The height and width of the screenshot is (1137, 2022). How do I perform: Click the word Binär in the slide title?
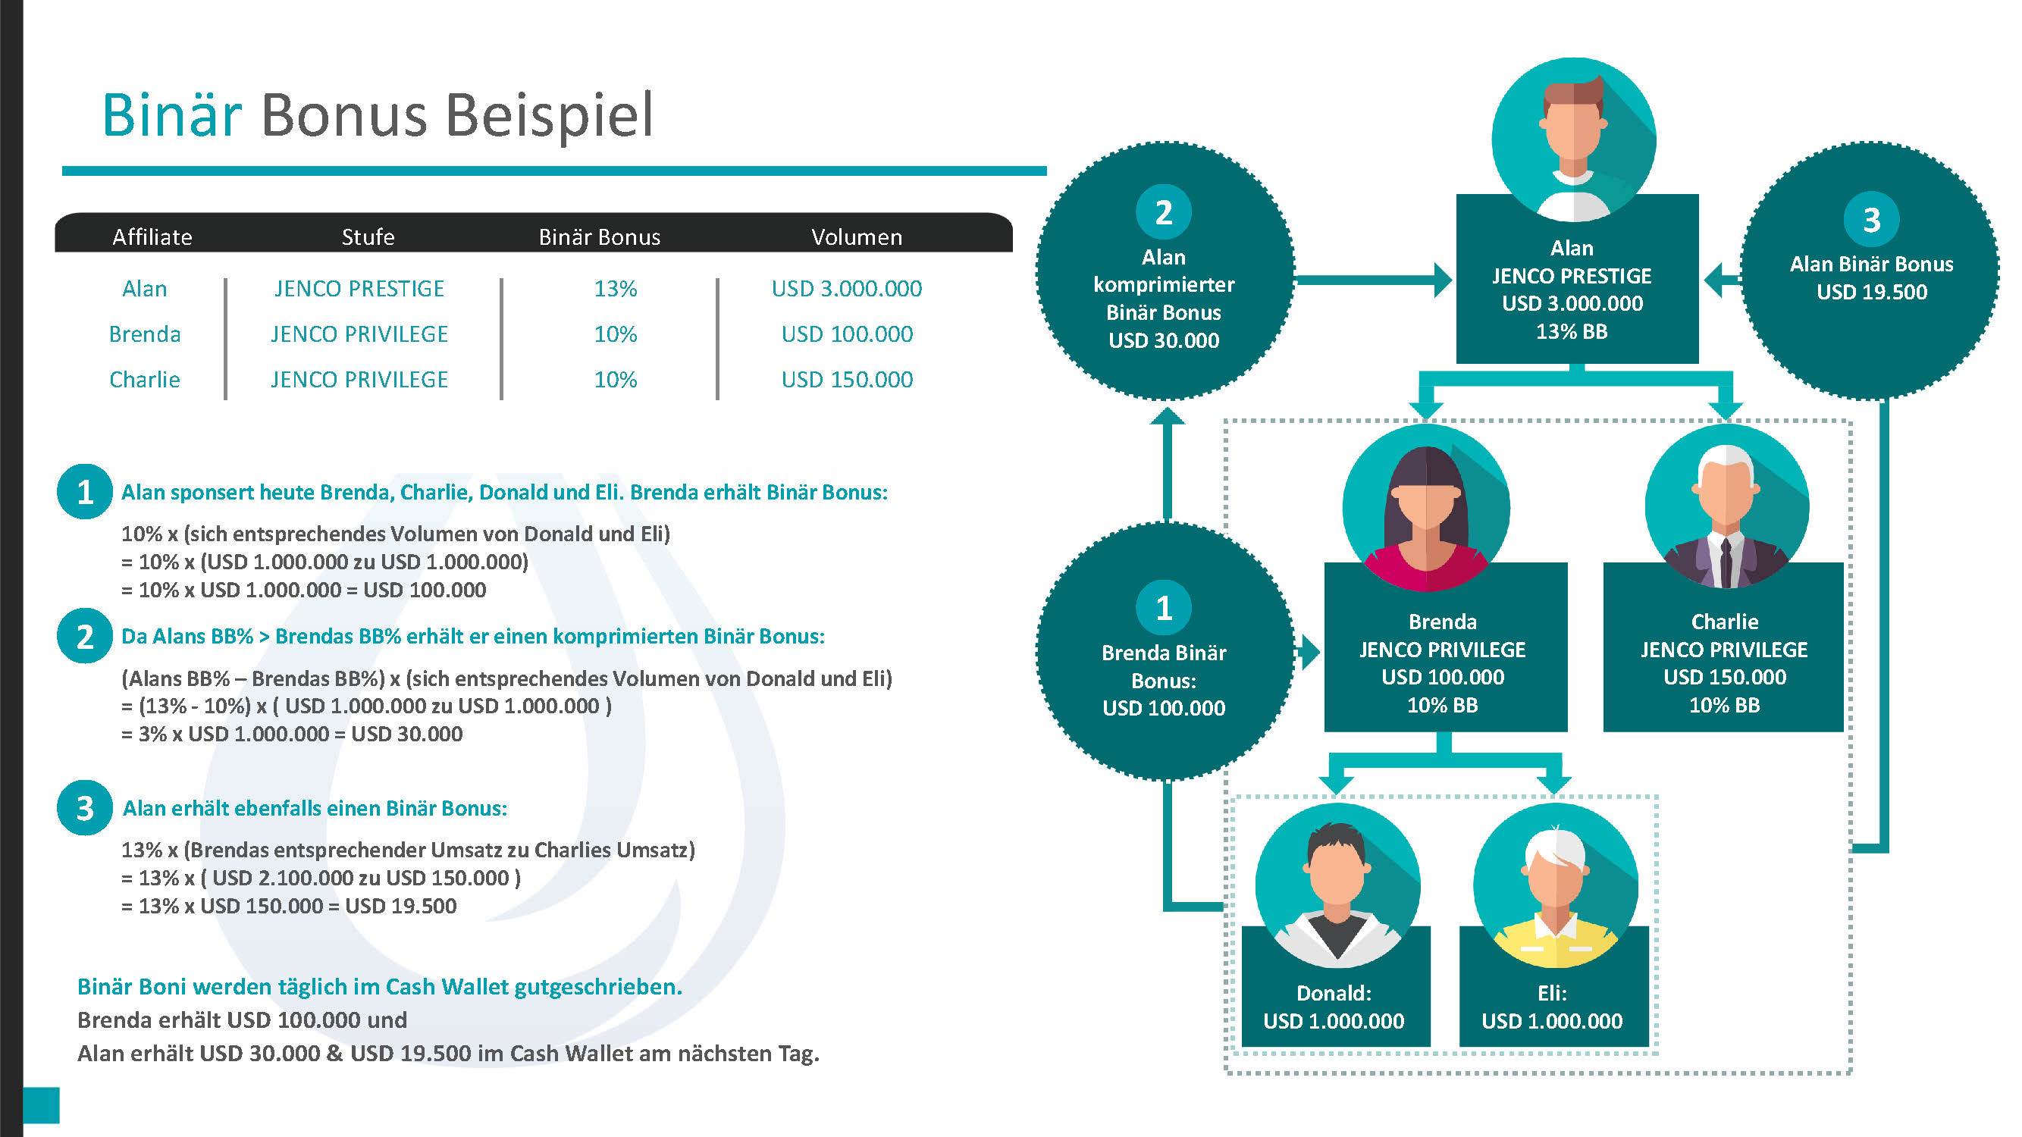pos(171,115)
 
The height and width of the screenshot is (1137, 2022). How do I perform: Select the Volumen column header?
pos(857,237)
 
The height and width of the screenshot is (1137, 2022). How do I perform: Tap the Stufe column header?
pos(368,237)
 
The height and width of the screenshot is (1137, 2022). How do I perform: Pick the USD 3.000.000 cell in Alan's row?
pos(847,289)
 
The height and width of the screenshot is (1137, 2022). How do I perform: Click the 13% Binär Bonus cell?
pos(616,289)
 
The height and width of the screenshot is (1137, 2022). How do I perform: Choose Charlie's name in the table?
pos(144,380)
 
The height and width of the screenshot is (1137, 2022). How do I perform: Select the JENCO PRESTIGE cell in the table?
pos(359,289)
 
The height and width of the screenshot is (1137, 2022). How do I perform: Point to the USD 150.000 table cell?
pos(847,380)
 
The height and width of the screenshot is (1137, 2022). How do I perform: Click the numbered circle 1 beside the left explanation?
pos(85,492)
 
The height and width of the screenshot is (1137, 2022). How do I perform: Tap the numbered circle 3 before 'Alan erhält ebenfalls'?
pos(85,807)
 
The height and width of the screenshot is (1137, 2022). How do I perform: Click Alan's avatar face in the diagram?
pos(1574,130)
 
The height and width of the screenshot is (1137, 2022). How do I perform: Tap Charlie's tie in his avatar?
pos(1726,562)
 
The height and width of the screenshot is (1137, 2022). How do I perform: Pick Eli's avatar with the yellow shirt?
pos(1556,885)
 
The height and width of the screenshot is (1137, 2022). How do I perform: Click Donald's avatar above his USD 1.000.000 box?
pos(1337,885)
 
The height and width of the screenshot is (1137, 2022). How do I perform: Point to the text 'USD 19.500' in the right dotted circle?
pos(1871,292)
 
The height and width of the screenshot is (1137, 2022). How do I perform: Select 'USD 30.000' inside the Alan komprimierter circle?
pos(1164,340)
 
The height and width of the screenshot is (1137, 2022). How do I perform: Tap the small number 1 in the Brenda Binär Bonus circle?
pos(1164,608)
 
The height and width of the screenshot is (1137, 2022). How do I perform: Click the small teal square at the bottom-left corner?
pos(41,1105)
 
